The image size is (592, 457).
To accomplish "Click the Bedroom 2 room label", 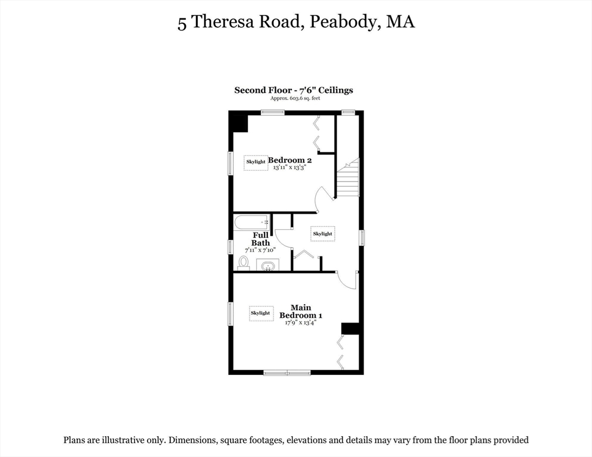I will click(290, 160).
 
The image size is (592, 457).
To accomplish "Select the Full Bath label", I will click(260, 239).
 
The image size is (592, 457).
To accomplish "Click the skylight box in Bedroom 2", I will click(256, 162).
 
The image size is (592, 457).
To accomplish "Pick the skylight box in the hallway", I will click(322, 234).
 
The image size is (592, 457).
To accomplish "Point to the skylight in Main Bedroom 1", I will click(260, 313).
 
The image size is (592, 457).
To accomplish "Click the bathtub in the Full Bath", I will click(251, 223).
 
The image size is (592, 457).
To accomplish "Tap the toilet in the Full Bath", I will click(244, 262).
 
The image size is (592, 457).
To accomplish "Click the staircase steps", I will click(347, 179).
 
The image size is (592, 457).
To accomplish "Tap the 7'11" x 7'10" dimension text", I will click(261, 251).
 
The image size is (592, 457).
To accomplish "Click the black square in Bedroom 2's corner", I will click(239, 123).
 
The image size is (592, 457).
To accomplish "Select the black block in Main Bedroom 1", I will click(350, 328).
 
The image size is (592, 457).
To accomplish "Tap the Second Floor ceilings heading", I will click(294, 90).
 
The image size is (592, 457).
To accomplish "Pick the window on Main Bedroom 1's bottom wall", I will click(288, 373).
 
